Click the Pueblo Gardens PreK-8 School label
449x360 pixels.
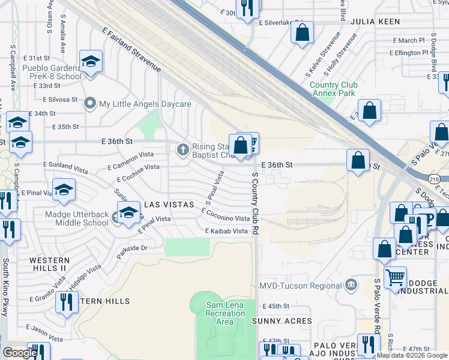(x=52, y=72)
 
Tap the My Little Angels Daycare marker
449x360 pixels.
(x=91, y=104)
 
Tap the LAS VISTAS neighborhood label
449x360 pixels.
(x=169, y=205)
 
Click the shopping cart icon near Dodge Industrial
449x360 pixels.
(x=395, y=277)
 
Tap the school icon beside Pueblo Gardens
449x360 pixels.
(x=91, y=61)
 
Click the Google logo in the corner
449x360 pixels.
(x=19, y=353)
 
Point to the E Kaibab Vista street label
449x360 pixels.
(x=226, y=231)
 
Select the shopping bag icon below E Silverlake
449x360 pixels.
(x=302, y=31)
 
